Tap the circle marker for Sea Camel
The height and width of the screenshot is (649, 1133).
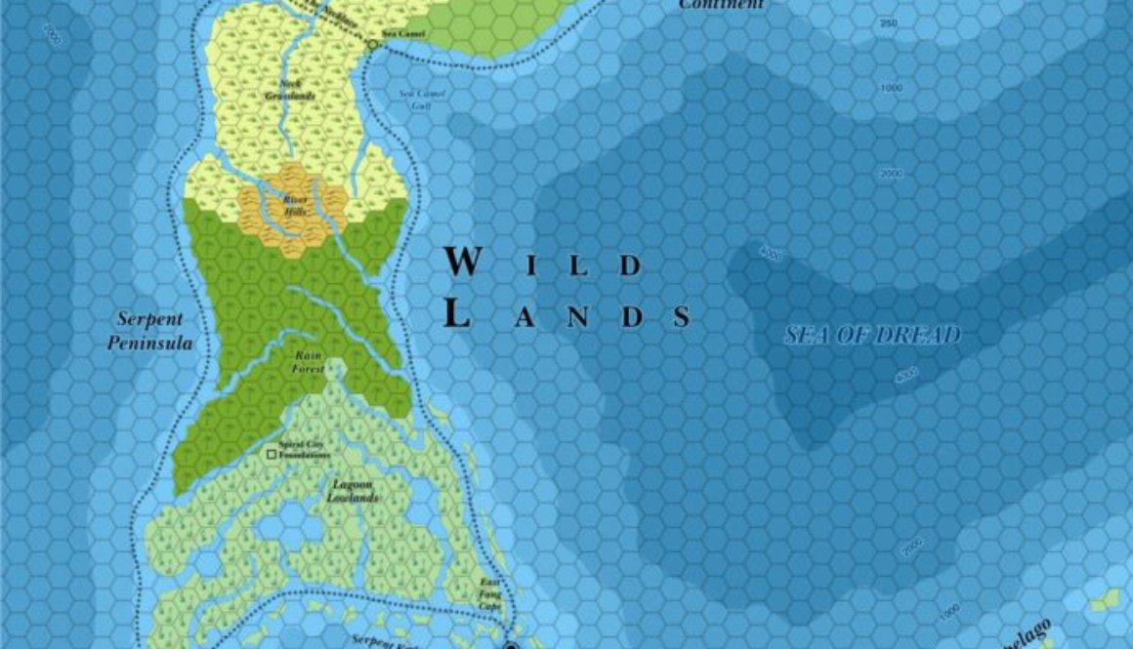pos(371,45)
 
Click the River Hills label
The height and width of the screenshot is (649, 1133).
pos(295,204)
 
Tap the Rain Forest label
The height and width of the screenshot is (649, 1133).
pos(308,363)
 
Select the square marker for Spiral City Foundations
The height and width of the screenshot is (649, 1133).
pos(272,454)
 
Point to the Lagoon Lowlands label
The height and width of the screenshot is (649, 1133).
pos(353,491)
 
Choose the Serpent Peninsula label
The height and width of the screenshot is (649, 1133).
pos(150,331)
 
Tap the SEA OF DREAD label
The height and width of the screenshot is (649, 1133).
pos(873,336)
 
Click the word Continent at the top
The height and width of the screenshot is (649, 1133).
pos(722,5)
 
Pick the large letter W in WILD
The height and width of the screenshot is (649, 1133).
pos(463,263)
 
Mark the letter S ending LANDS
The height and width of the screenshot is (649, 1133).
pos(681,317)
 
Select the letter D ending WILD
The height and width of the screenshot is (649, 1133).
pos(632,265)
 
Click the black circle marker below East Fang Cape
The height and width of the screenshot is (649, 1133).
pos(511,645)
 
